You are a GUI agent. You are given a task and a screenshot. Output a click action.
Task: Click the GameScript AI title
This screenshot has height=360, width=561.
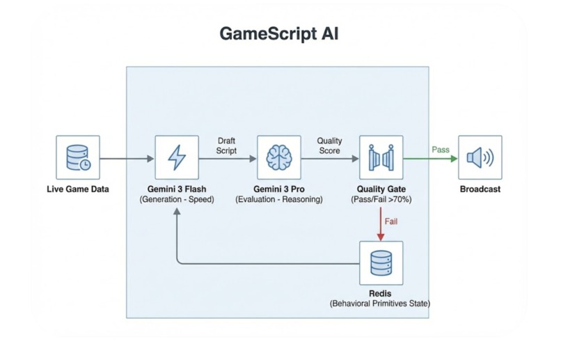280,35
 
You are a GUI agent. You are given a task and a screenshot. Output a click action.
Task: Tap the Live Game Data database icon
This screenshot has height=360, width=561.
77,157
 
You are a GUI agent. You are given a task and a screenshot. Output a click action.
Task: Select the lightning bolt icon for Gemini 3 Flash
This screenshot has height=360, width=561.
176,157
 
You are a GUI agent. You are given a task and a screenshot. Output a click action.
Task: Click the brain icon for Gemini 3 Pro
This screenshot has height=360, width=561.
278,157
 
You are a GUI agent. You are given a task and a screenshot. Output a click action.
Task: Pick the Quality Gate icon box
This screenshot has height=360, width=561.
381,157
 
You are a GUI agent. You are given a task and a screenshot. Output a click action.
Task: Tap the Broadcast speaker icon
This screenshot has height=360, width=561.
480,157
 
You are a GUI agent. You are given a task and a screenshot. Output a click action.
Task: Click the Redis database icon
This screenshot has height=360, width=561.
381,263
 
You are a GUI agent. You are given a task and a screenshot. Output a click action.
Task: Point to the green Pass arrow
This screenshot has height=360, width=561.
430,159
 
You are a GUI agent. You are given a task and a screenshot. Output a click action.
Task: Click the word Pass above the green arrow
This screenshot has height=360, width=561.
440,149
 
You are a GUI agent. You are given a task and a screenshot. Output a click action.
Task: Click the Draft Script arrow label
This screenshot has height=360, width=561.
227,146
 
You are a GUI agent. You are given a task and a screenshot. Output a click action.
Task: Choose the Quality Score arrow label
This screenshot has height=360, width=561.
329,146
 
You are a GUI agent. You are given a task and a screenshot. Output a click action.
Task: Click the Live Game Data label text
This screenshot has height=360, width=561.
77,189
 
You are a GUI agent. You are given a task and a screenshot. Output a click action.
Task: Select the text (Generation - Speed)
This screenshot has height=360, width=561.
176,199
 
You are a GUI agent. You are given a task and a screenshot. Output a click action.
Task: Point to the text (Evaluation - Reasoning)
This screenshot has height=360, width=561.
278,199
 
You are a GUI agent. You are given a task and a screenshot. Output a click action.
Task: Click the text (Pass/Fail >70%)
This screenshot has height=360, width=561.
381,199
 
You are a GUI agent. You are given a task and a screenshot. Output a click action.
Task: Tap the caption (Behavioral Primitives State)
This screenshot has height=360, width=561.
381,304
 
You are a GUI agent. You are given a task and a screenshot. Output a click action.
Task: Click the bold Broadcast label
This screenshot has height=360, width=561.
480,189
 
